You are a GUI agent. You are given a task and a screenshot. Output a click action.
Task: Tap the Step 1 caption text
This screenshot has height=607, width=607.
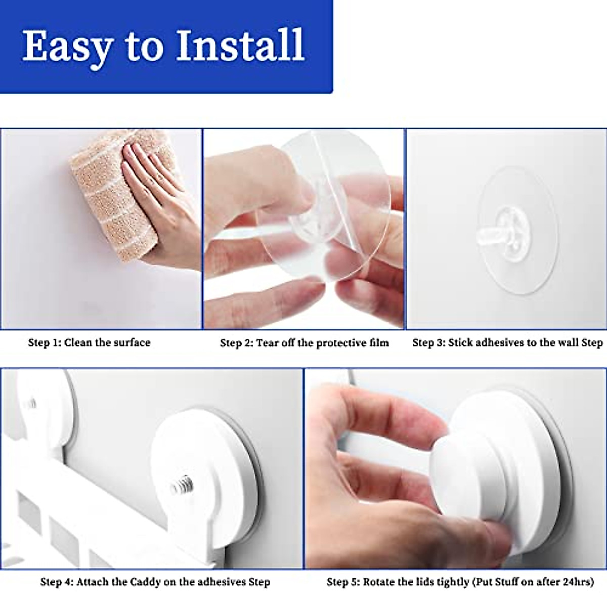coord(89,342)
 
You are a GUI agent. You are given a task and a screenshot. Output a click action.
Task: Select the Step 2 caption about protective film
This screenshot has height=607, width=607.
coord(305,343)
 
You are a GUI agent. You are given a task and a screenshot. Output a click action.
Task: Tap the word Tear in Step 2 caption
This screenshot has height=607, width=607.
coord(268,343)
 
